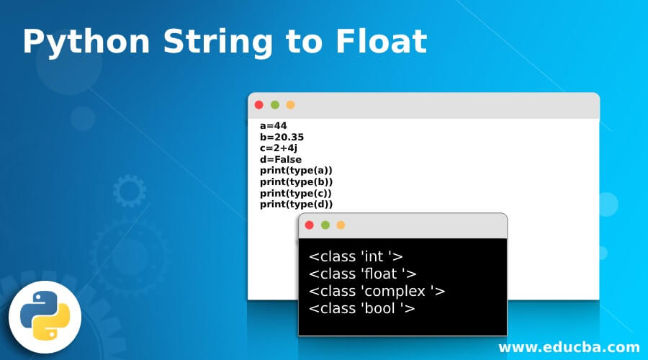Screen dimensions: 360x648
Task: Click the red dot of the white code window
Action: [259, 105]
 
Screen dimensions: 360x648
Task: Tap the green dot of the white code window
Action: [274, 105]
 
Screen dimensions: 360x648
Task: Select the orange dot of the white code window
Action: [290, 105]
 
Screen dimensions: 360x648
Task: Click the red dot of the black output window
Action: [310, 225]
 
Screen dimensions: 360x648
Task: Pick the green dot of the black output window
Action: [325, 225]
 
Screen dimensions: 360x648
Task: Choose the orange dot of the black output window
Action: [341, 225]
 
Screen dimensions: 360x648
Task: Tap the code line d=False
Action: [281, 159]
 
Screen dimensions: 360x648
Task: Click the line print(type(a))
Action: [296, 171]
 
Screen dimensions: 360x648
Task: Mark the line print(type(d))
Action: [296, 204]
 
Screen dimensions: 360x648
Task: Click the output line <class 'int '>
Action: [356, 256]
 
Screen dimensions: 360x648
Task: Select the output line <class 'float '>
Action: [362, 273]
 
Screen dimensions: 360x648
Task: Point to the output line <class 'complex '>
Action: [377, 291]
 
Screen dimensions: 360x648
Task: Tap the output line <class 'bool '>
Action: [361, 309]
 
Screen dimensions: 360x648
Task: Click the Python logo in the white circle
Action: [45, 317]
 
